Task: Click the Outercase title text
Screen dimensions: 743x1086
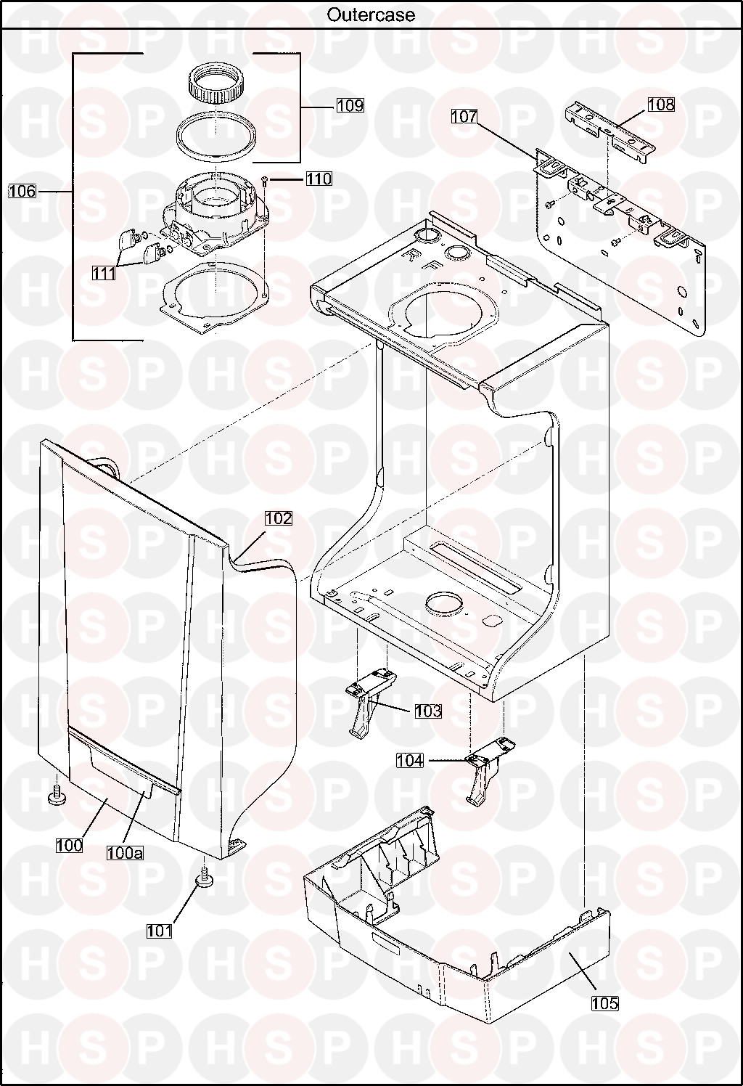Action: click(371, 15)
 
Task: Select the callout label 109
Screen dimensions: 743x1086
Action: click(350, 105)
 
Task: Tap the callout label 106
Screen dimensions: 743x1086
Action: click(22, 191)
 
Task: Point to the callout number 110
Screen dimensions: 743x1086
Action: click(319, 179)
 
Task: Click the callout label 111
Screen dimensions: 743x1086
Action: click(104, 273)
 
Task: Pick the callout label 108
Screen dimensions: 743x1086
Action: click(661, 104)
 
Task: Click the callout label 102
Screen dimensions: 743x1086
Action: click(279, 518)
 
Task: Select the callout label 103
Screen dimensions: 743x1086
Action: click(428, 711)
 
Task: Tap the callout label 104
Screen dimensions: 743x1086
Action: click(410, 760)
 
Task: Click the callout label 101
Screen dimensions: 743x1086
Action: click(160, 931)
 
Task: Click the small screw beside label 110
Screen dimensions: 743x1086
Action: click(264, 181)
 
